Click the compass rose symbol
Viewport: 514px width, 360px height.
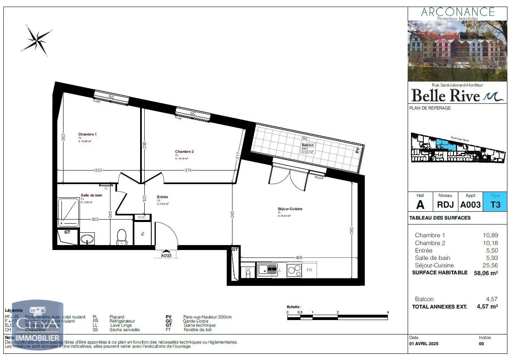(x=37, y=38)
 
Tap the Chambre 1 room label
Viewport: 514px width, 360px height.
(x=87, y=134)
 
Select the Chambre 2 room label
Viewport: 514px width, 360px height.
(x=184, y=152)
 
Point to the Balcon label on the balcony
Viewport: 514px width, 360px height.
(x=307, y=145)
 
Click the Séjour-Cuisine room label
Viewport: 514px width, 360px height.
(x=290, y=209)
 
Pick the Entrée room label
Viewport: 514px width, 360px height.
(x=162, y=197)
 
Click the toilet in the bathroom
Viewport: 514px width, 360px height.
(x=121, y=236)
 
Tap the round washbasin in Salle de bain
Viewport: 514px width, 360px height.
(x=87, y=239)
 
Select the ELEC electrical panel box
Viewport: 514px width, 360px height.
(x=141, y=217)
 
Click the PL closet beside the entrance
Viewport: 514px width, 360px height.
(x=143, y=234)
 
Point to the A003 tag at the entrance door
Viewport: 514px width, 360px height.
(x=166, y=255)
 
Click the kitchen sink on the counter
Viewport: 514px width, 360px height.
(x=267, y=270)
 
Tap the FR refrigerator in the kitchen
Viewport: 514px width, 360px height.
(x=309, y=270)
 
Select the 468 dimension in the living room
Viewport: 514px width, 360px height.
(x=299, y=258)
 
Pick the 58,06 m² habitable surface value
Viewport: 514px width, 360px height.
(x=486, y=273)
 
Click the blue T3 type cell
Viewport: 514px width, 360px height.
(x=495, y=204)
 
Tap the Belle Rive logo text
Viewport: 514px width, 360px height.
(x=446, y=96)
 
